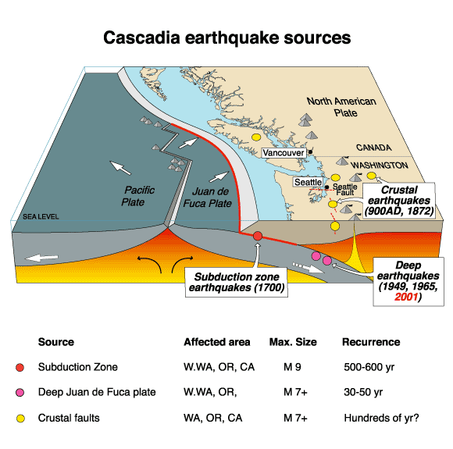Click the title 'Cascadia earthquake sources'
227,37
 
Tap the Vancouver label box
283,153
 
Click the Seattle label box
306,182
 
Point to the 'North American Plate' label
341,107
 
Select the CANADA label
373,147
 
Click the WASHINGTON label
379,166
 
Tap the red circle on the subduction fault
258,235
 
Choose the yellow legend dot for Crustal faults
21,419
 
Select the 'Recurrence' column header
372,342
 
